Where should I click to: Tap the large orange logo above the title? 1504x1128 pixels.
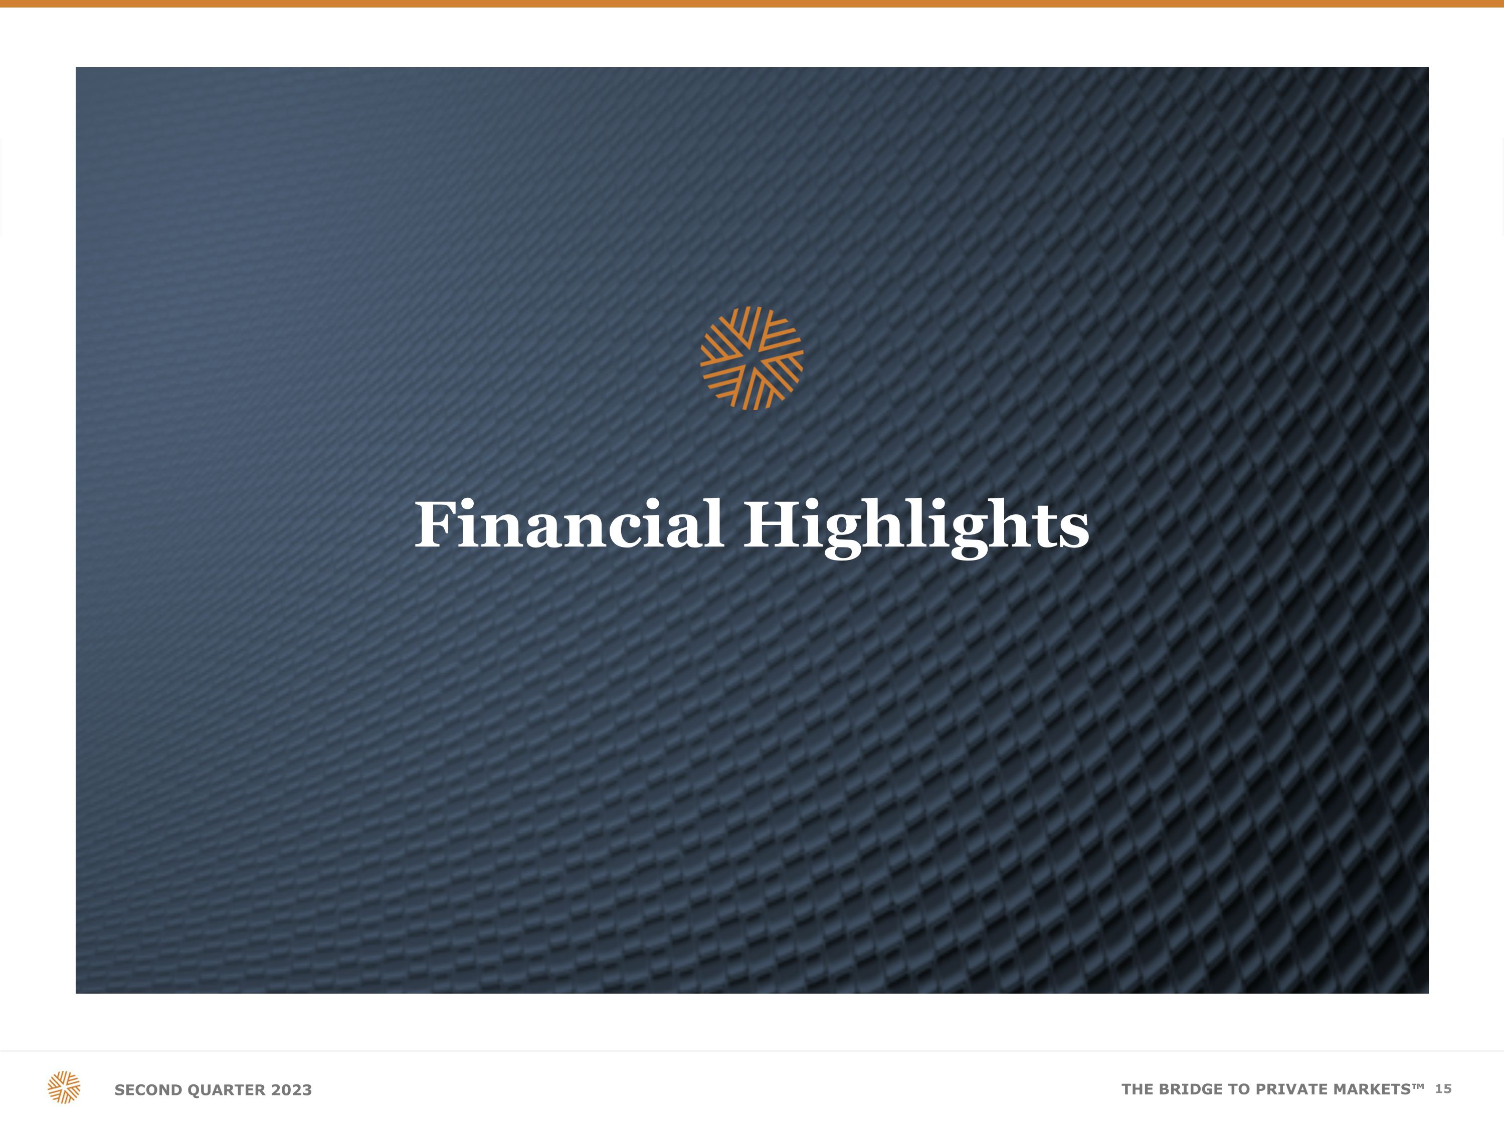(752, 358)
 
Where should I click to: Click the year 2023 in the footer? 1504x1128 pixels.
(291, 1090)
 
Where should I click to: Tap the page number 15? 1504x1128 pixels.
(1443, 1088)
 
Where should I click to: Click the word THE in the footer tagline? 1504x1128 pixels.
(1138, 1089)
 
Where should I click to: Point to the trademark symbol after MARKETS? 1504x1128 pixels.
(1418, 1085)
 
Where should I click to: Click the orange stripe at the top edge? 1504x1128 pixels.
(752, 4)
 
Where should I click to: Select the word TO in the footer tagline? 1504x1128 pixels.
(1241, 1089)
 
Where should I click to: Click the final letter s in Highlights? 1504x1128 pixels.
(1074, 530)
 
